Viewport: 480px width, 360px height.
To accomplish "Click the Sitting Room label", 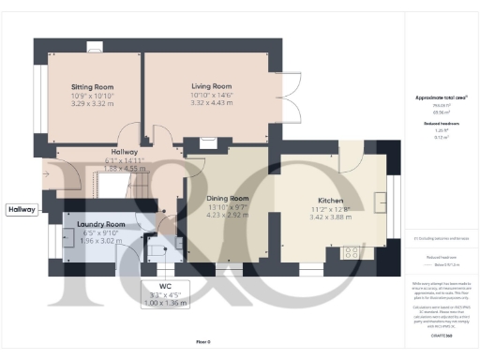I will coord(92,87).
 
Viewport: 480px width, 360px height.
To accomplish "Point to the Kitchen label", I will coord(330,201).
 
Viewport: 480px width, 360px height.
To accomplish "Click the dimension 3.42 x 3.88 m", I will coord(330,217).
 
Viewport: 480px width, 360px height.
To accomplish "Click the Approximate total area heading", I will coord(436,97).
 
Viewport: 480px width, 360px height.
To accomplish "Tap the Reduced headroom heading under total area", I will coord(436,122).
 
